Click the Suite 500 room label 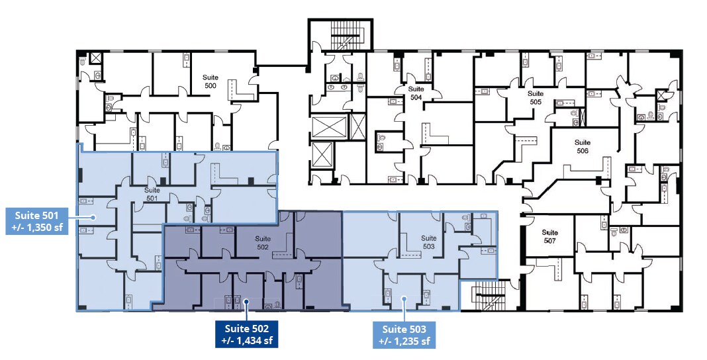210,81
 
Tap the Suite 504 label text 416,93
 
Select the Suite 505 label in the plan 536,97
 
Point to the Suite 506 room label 583,146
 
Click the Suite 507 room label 549,236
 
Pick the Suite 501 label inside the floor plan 152,194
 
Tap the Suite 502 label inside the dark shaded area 263,242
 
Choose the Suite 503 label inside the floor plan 429,242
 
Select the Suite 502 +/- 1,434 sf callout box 247,334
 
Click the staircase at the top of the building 347,36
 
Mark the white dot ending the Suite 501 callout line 94,217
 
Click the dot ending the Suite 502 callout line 247,301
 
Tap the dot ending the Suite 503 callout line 404,298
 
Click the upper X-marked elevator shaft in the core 330,127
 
